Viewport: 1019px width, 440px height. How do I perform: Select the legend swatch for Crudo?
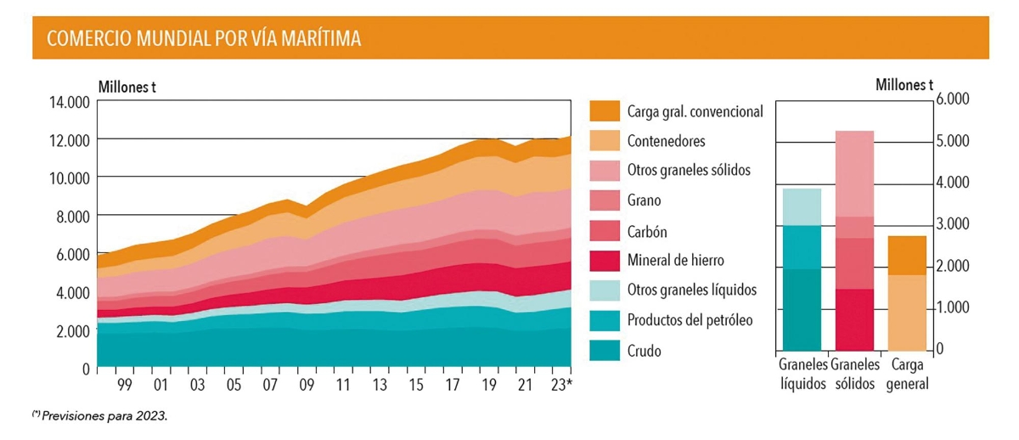click(x=605, y=350)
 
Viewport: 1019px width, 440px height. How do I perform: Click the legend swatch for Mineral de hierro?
click(x=605, y=260)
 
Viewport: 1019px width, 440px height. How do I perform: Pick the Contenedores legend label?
click(x=666, y=141)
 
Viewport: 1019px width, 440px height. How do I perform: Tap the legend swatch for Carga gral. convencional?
click(x=605, y=111)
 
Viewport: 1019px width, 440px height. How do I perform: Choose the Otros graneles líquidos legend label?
click(x=691, y=290)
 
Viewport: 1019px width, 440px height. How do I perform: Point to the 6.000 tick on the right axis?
click(x=952, y=99)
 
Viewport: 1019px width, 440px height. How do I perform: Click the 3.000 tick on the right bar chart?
click(x=952, y=224)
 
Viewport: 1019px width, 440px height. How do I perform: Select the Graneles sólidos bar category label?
click(x=856, y=374)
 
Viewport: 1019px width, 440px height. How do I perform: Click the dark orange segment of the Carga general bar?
click(x=906, y=255)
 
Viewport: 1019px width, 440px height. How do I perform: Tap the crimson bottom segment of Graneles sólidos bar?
click(x=855, y=319)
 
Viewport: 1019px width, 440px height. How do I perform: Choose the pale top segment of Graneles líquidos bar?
click(x=802, y=206)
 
